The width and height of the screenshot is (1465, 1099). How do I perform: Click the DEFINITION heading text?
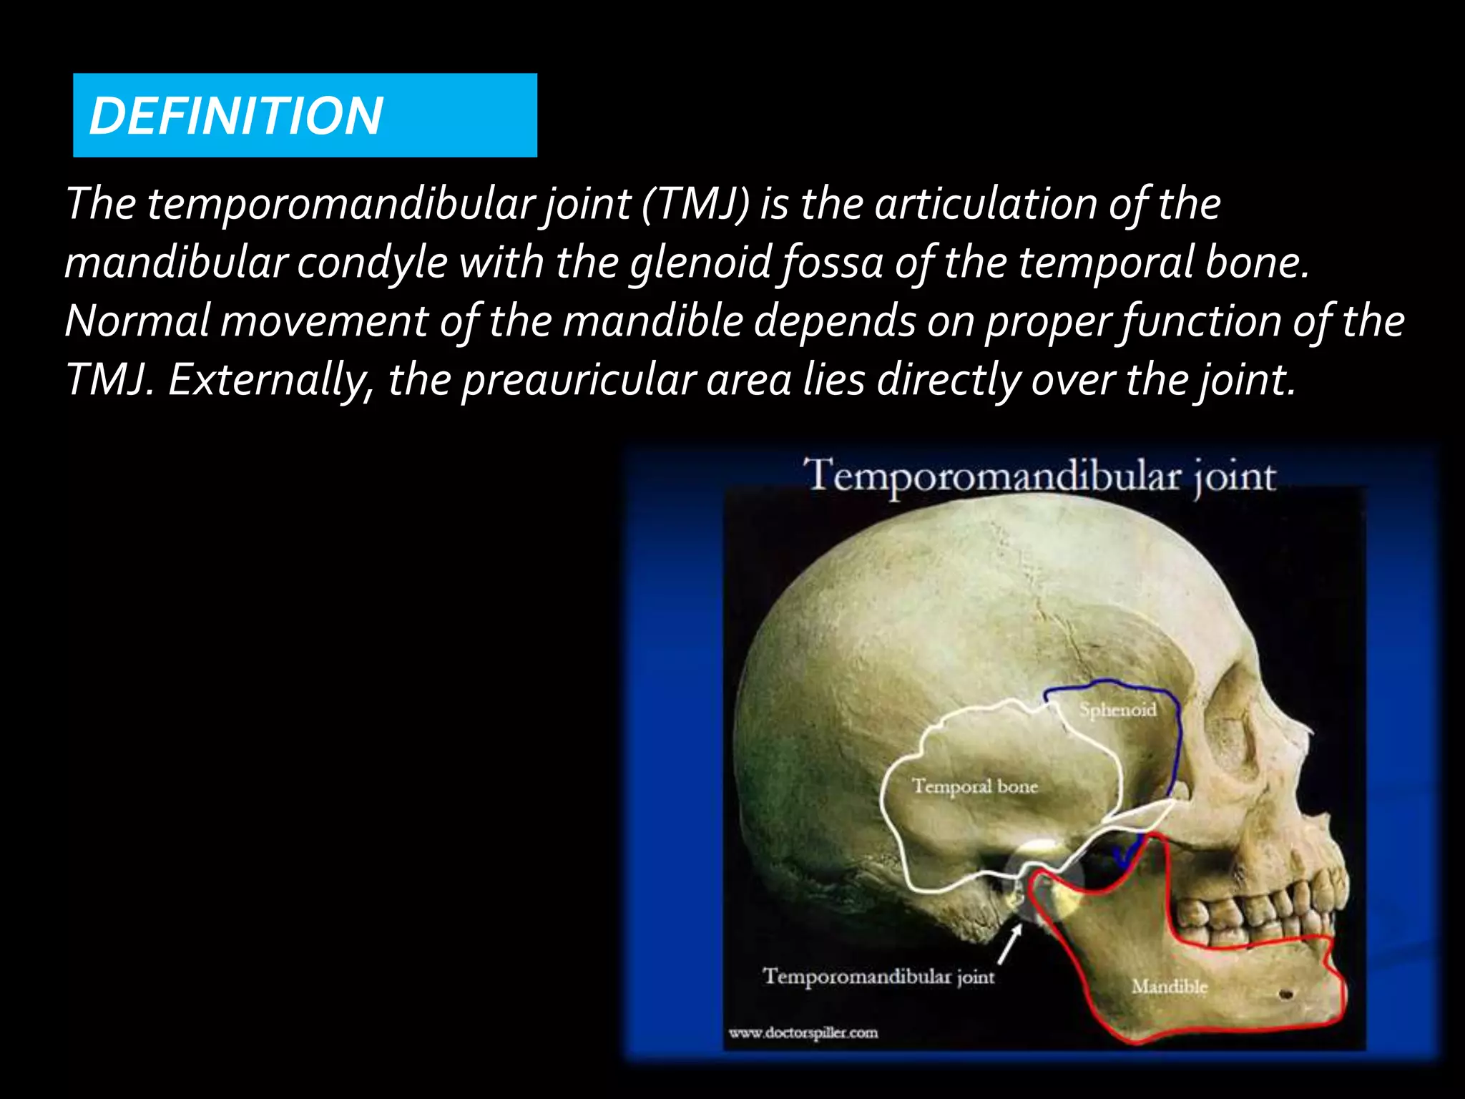pyautogui.click(x=236, y=116)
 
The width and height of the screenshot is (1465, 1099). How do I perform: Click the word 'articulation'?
pyautogui.click(x=986, y=204)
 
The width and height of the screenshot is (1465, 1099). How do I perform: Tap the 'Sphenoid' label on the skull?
pyautogui.click(x=1117, y=710)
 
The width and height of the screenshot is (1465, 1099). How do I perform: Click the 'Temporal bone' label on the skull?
pyautogui.click(x=974, y=786)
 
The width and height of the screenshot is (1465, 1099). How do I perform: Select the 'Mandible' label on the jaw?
pyautogui.click(x=1169, y=987)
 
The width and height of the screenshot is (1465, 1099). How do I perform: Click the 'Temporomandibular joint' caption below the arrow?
pyautogui.click(x=878, y=977)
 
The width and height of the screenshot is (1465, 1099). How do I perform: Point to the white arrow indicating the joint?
pyautogui.click(x=1009, y=944)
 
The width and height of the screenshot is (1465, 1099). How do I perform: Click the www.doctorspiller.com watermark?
pyautogui.click(x=803, y=1032)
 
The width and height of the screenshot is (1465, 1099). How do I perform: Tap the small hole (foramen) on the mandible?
pyautogui.click(x=1285, y=995)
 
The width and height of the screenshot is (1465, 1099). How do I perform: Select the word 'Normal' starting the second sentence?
pyautogui.click(x=138, y=321)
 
